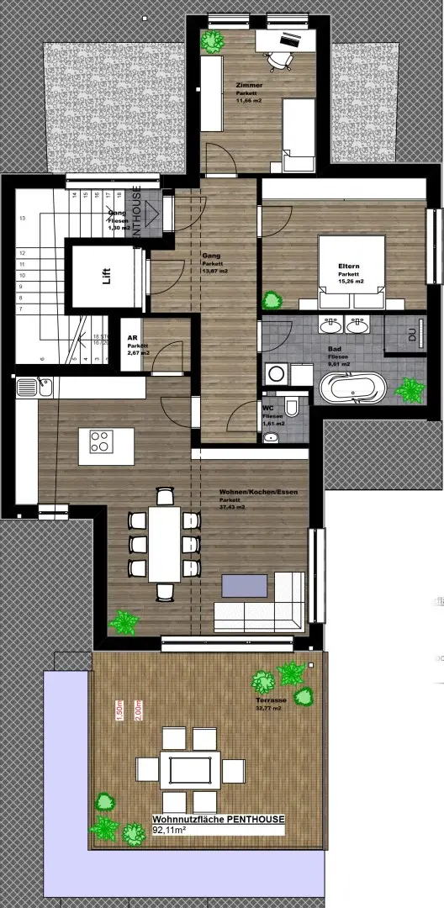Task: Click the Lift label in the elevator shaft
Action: click(106, 277)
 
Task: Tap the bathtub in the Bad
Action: click(353, 391)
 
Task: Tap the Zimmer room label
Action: click(249, 86)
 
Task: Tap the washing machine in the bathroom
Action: click(276, 375)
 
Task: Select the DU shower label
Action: click(412, 335)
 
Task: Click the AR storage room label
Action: click(132, 334)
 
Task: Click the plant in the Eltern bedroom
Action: click(272, 298)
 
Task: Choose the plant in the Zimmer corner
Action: click(211, 40)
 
